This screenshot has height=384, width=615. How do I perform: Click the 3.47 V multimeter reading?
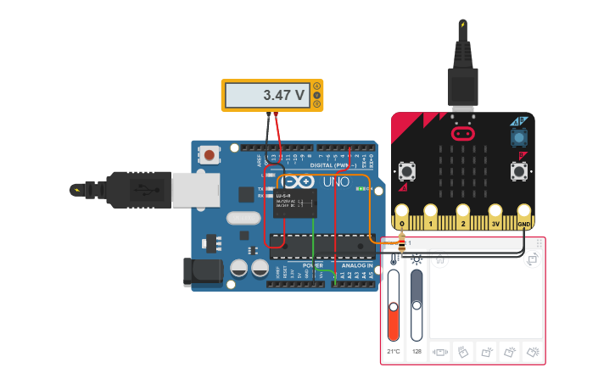coord(283,96)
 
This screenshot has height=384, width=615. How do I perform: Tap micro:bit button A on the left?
coord(407,170)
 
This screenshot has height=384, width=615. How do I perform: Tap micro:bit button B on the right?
coord(517,170)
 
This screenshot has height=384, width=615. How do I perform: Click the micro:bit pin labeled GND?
coord(525,214)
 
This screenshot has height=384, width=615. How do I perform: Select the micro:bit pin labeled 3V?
coord(495,214)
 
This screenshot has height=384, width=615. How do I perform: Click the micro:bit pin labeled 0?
coord(402,214)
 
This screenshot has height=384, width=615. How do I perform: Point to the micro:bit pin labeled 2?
coord(463,214)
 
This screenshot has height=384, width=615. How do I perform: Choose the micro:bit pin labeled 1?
coord(432,214)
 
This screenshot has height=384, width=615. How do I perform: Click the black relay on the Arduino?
coord(295,204)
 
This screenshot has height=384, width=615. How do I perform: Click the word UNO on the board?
coord(330,181)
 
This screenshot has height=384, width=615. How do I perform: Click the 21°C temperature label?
coord(394,350)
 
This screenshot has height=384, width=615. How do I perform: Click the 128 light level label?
coord(417,350)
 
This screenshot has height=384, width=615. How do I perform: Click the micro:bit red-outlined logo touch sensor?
coord(462,133)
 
